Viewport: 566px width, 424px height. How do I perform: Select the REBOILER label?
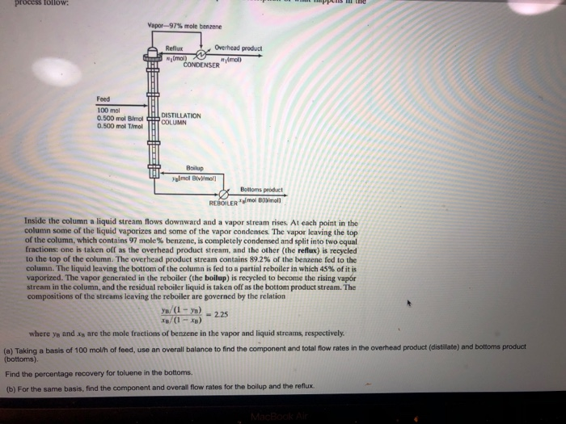pos(223,201)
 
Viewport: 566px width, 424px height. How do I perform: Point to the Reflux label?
pos(176,47)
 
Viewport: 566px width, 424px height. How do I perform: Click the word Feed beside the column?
pos(103,99)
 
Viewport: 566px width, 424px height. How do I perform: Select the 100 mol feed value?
pos(108,108)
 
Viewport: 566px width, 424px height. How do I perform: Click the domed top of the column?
pos(151,53)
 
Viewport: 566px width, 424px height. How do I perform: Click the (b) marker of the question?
pos(10,388)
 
